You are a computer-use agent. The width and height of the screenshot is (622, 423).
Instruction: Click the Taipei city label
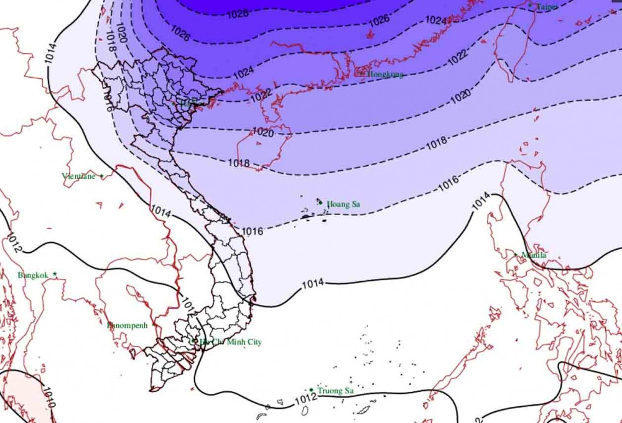547,6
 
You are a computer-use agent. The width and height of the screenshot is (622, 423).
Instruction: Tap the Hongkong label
385,74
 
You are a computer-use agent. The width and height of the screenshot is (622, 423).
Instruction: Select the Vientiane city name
78,176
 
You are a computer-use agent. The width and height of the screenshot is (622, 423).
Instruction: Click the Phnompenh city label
128,325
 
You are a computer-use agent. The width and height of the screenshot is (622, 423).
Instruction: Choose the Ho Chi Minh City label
230,342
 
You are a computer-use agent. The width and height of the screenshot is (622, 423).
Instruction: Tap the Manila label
534,255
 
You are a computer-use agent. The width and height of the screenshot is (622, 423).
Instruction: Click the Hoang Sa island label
343,204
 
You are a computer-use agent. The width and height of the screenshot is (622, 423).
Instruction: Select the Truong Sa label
335,391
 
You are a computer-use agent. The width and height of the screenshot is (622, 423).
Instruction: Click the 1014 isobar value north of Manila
481,202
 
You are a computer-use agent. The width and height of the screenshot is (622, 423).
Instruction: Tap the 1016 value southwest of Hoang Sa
252,232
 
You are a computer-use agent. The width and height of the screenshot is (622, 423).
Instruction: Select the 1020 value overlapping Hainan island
263,132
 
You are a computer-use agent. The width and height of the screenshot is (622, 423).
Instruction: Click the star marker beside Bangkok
55,274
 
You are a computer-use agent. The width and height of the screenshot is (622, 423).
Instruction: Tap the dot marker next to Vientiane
101,176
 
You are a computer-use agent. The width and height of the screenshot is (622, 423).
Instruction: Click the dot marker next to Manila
515,253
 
